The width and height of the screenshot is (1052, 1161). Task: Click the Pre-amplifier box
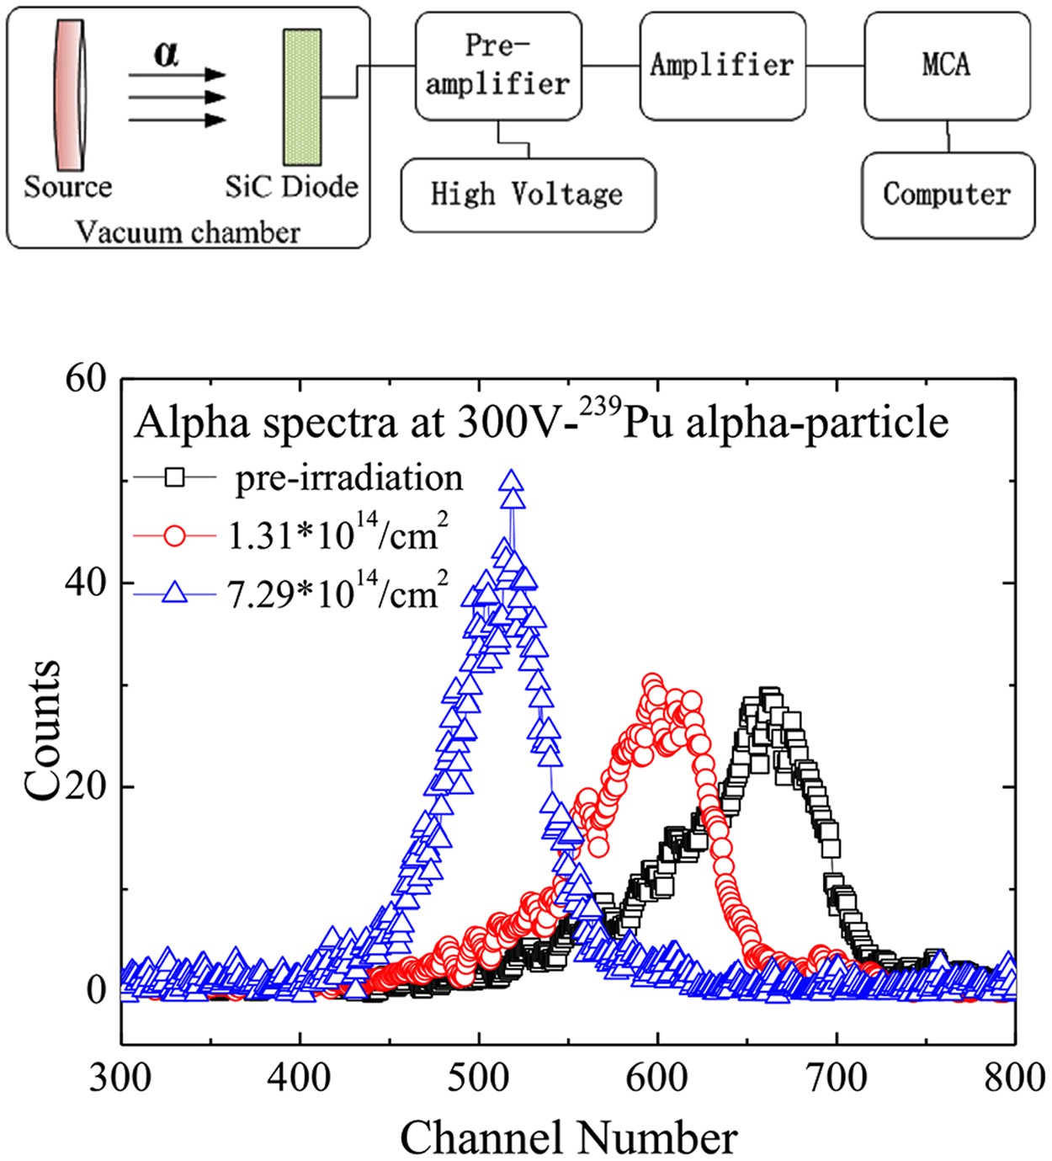(497, 66)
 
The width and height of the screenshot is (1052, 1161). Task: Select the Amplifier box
(721, 66)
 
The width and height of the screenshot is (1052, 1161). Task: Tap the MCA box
(947, 66)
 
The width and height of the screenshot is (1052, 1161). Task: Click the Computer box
(947, 194)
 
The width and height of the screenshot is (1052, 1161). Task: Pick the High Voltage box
(528, 194)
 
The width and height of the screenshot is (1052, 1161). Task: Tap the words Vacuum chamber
(188, 232)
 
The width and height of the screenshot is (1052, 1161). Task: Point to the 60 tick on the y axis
(86, 379)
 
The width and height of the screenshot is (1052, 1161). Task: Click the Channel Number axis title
(568, 1137)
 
